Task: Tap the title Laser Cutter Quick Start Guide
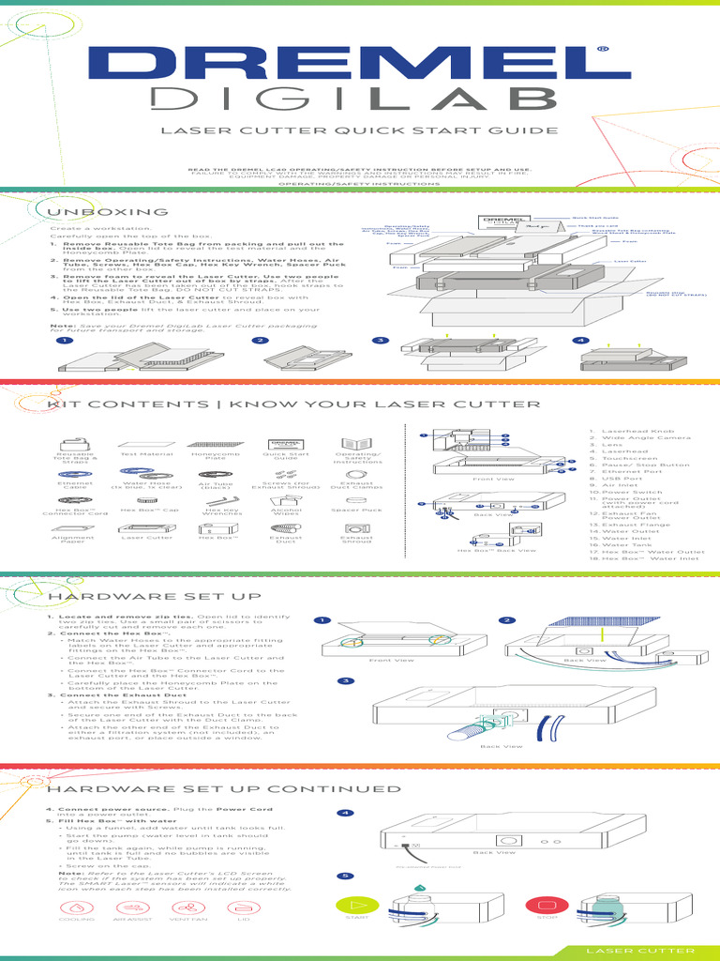tap(359, 131)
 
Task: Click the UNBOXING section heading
tap(111, 212)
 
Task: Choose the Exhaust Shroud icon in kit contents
tap(356, 530)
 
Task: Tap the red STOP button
tap(541, 907)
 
